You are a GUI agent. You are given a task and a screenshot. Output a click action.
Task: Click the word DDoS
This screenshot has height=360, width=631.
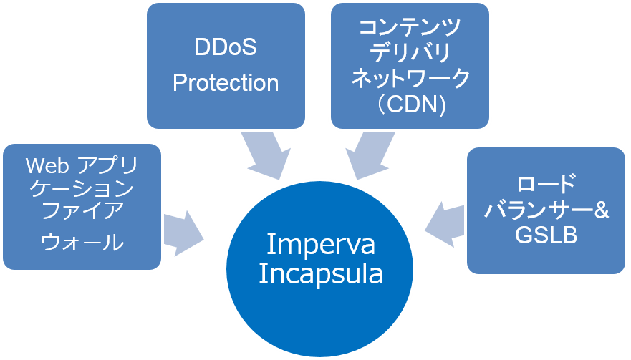click(x=226, y=49)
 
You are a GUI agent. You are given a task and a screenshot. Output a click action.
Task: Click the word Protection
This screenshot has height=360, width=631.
click(x=226, y=83)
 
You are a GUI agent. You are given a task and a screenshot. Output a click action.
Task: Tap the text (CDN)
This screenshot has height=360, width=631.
click(x=410, y=105)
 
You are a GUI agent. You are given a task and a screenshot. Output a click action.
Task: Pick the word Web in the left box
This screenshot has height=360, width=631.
click(x=47, y=167)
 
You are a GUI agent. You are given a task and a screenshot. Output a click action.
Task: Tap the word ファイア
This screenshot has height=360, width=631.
click(x=83, y=213)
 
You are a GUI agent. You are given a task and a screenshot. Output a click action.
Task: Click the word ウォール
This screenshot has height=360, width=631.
click(x=83, y=242)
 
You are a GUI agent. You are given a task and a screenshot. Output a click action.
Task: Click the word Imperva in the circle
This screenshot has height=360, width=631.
click(x=320, y=244)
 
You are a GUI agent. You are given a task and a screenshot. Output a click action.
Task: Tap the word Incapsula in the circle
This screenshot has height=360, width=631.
click(x=320, y=273)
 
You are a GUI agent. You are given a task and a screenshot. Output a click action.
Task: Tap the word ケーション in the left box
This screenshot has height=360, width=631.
click(x=83, y=190)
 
